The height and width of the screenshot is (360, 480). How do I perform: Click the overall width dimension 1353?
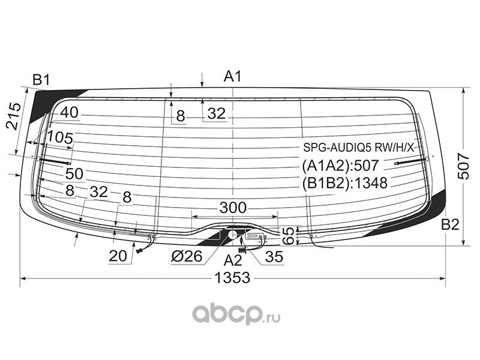[x=232, y=278]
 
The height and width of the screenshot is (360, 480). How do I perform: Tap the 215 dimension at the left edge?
[x=13, y=116]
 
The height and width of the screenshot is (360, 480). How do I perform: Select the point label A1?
[x=233, y=76]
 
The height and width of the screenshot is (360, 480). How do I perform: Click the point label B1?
[x=41, y=80]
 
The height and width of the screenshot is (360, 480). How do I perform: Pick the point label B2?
[x=450, y=224]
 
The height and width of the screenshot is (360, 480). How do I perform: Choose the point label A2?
[x=233, y=260]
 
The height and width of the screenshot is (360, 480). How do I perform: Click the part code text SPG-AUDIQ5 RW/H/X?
[x=358, y=148]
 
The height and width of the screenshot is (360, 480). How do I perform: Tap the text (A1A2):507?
[x=340, y=166]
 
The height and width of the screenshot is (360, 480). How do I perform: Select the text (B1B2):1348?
[x=344, y=183]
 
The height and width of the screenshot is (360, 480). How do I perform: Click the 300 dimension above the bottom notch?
[x=233, y=208]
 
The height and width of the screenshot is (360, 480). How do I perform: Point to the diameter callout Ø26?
[x=187, y=257]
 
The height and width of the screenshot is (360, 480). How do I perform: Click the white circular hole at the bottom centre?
[x=233, y=235]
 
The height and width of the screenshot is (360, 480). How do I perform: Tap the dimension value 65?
[x=289, y=235]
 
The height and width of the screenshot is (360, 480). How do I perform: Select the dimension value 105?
[x=61, y=138]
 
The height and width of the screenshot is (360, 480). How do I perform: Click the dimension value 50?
[x=74, y=173]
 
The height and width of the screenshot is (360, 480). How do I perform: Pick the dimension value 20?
[x=118, y=256]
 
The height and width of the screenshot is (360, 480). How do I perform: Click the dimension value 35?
[x=274, y=257]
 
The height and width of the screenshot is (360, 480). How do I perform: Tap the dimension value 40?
[x=69, y=113]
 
